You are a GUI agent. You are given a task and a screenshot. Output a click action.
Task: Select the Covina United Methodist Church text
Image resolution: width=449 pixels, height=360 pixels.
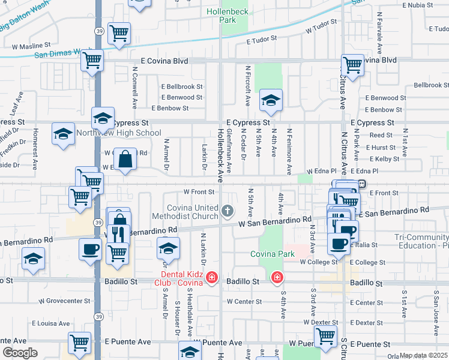(x=193, y=212)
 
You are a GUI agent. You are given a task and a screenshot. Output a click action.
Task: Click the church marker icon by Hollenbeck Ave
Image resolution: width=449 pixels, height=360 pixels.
(x=227, y=211)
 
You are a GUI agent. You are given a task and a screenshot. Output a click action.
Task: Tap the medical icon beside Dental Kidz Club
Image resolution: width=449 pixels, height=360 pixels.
(x=211, y=277)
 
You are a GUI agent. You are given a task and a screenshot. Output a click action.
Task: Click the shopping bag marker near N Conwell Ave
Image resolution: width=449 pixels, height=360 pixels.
(x=125, y=160)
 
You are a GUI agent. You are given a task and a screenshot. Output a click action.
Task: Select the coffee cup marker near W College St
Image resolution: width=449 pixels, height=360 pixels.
(x=339, y=244)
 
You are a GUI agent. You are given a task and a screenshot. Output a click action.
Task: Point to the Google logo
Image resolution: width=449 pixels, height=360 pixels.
(x=20, y=353)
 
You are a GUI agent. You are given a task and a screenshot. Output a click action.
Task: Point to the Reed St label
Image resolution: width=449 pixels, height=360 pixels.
(x=381, y=136)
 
